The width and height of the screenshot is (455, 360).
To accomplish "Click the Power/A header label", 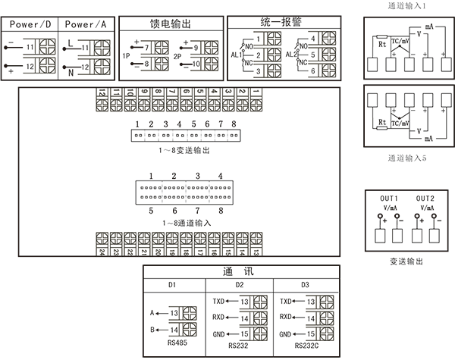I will coord(86,23).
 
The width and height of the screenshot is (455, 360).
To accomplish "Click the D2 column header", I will coord(240,285).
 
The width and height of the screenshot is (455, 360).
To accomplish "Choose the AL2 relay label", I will coord(289,55).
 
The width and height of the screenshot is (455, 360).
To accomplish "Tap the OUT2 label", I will coord(426,197).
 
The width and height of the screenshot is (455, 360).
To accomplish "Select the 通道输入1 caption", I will coord(406,6).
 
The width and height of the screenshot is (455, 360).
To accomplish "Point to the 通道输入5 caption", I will coord(406,161).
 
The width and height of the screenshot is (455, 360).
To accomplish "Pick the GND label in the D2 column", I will coord(219,334).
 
